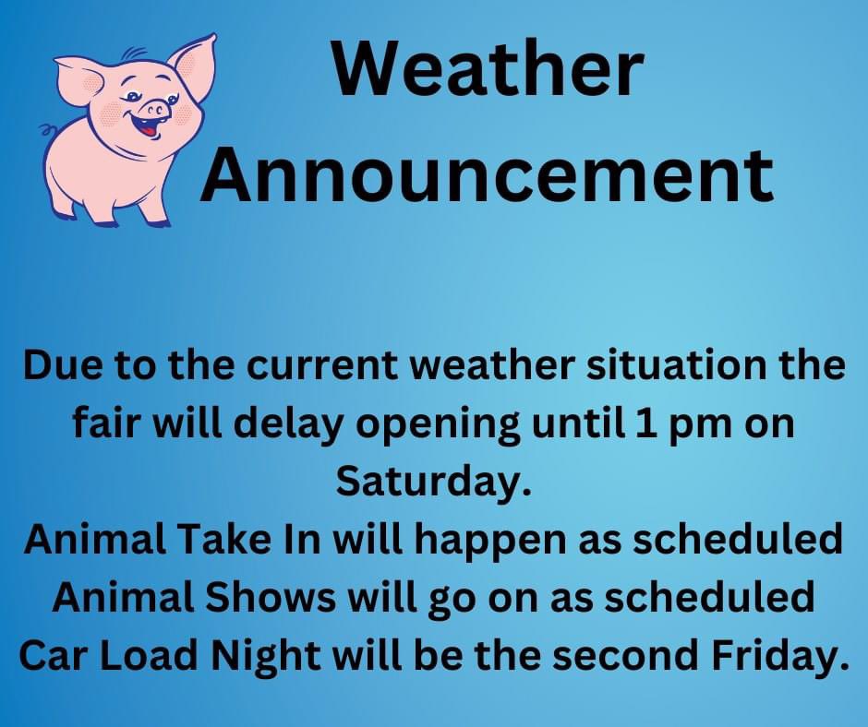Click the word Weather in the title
(487, 72)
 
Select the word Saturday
(434, 481)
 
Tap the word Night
(271, 654)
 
